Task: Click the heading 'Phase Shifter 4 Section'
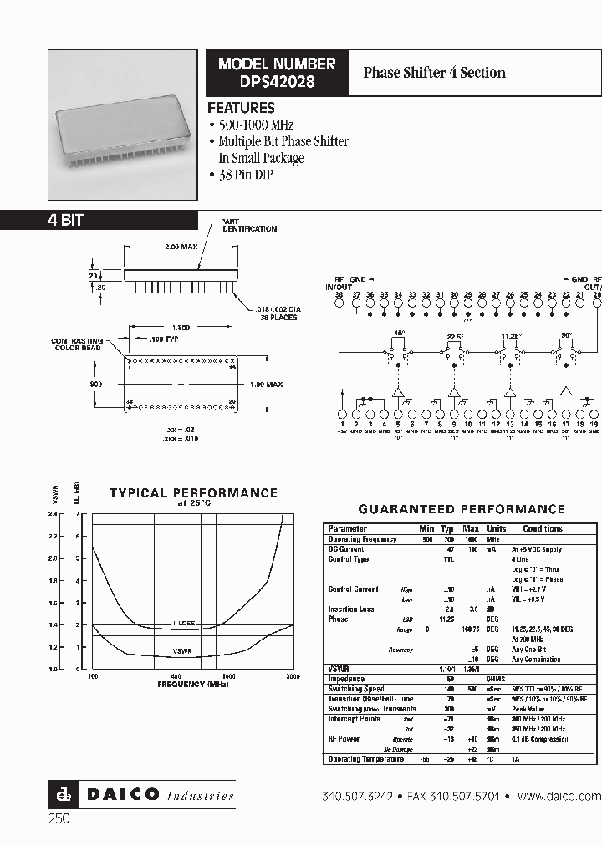pos(434,72)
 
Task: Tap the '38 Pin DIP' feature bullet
pos(246,176)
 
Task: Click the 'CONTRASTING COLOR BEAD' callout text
pos(76,344)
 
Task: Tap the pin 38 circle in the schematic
pos(339,303)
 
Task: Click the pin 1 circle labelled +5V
pos(342,414)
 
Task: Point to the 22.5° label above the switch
pos(454,338)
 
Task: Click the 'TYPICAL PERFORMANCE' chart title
pos(193,493)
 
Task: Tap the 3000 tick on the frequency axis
pos(292,675)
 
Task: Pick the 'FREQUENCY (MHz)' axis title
pos(193,684)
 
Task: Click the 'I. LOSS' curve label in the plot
pos(184,624)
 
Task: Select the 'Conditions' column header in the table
pos(543,528)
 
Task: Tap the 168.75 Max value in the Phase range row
pos(470,629)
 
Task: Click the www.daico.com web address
pos(559,796)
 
